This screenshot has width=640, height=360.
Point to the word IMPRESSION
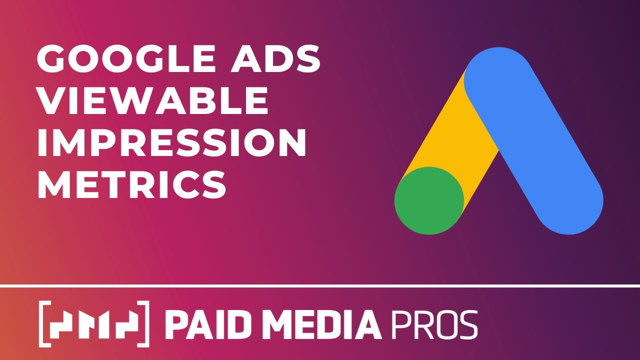point(171,142)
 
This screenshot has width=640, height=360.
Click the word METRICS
point(131,183)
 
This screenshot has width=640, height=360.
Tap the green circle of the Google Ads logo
point(429,200)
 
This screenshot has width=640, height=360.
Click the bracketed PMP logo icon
point(94,324)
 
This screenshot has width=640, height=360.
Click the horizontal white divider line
point(320,286)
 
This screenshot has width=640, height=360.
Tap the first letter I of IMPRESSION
point(42,142)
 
